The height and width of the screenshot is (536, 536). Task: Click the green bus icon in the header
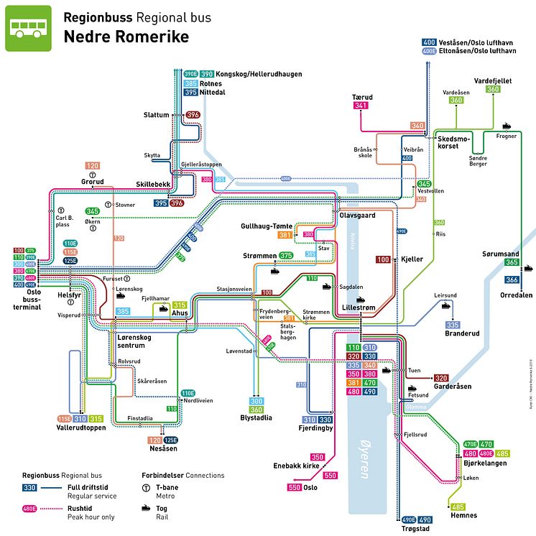coord(28,28)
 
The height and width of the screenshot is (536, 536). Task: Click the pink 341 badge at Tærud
coord(361,106)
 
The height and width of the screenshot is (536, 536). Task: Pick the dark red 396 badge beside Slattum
coord(193,115)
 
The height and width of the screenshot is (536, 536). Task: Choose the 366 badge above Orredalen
coord(511,280)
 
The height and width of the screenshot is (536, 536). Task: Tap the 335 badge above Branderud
coord(453,325)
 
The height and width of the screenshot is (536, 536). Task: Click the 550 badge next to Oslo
coord(293,488)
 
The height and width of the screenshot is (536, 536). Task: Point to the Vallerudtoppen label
coord(81,428)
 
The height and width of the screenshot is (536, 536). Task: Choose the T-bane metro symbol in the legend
coord(147,489)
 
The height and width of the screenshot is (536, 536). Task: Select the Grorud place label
coord(92,181)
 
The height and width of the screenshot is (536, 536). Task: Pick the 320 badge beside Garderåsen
coord(441,378)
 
